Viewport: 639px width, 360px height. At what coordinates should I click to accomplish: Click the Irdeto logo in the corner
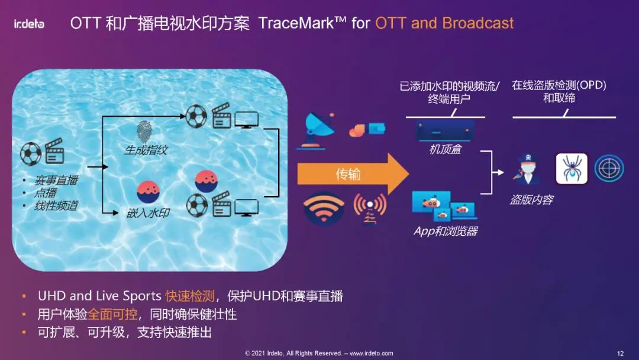[29, 24]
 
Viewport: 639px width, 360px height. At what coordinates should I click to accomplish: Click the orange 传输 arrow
[353, 174]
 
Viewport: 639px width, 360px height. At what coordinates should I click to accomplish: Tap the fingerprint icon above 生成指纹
[144, 131]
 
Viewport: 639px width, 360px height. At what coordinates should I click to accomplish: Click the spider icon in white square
[572, 168]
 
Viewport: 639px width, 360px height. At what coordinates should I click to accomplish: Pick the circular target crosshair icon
[609, 168]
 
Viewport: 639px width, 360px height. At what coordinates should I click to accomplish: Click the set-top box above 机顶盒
[445, 130]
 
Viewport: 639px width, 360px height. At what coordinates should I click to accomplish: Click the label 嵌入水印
[148, 213]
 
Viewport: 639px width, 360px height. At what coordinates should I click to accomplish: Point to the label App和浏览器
[446, 231]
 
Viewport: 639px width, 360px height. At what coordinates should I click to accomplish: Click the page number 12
[620, 353]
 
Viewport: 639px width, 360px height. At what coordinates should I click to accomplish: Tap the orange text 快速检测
[190, 296]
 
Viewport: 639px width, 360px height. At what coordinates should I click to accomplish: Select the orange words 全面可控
[112, 314]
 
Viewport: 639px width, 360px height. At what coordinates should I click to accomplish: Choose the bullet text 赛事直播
[56, 180]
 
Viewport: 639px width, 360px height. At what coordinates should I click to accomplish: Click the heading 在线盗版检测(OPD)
[559, 85]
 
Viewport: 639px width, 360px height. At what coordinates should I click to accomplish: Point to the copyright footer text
[319, 353]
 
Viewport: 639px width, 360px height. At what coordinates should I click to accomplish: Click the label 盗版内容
[531, 200]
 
